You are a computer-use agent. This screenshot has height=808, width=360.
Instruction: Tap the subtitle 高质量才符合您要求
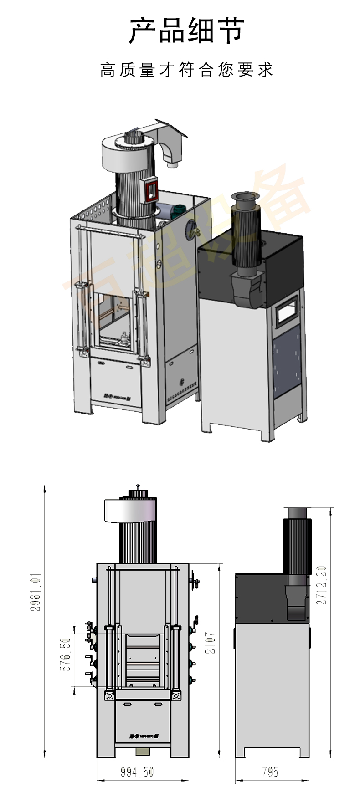click(x=186, y=70)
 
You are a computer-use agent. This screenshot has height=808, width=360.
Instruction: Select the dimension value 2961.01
click(x=36, y=592)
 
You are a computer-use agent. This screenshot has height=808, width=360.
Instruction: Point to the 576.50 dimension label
click(x=66, y=654)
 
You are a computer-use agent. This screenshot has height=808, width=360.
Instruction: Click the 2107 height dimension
click(x=210, y=643)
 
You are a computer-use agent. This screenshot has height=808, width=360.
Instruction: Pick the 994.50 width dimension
click(x=137, y=772)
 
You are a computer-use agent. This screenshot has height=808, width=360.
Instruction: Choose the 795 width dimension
click(x=270, y=772)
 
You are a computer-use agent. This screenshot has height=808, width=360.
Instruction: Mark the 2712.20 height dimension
click(x=322, y=585)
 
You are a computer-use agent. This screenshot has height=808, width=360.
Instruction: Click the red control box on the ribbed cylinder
click(x=151, y=190)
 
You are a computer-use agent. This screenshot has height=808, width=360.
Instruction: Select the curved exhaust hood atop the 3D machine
click(x=171, y=141)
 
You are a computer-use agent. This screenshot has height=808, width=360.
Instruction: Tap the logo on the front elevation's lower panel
click(x=143, y=735)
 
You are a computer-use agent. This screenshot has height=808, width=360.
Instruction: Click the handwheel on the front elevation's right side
click(x=196, y=582)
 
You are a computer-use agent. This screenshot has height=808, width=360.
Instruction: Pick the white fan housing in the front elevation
click(x=130, y=510)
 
